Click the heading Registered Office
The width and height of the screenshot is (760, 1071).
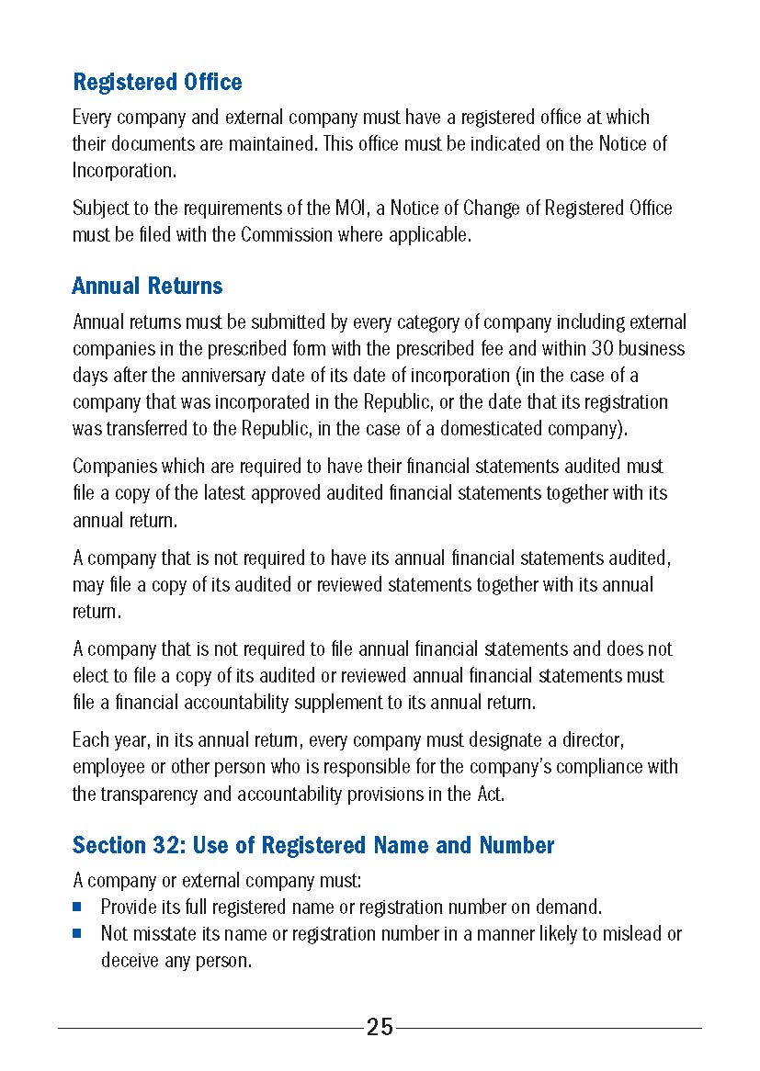[157, 83]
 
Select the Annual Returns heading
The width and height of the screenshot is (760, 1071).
[147, 287]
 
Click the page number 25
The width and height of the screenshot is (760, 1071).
[380, 1027]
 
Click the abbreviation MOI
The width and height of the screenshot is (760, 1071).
[350, 209]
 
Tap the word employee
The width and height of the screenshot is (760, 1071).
[108, 767]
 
